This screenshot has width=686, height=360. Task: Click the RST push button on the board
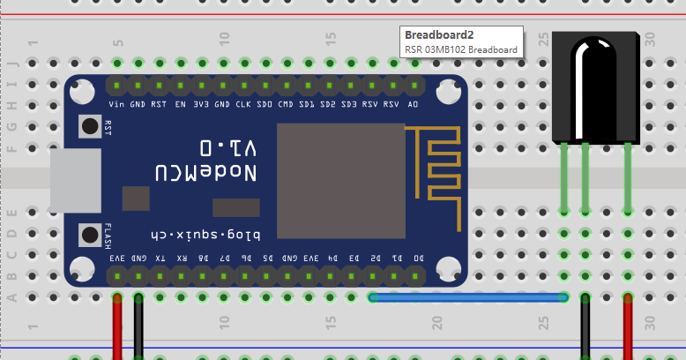pos(89,127)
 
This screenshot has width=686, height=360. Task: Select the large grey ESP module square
pos(340,180)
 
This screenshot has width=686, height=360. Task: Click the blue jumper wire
pos(467,298)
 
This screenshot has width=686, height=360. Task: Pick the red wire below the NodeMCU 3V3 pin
pos(117,331)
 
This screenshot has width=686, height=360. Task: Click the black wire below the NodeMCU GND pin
pos(138,331)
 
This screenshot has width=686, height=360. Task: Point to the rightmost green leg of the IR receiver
pos(628,176)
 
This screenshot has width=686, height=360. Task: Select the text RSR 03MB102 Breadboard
pos(461,49)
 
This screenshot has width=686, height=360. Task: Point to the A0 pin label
pos(413,103)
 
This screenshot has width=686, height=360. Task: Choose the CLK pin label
pos(243,103)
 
